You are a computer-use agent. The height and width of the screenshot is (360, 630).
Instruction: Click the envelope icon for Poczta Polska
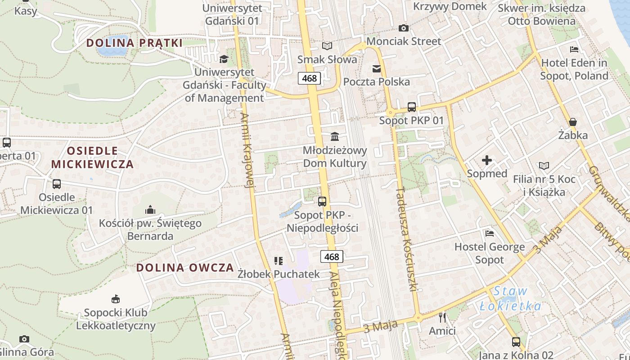click(377, 69)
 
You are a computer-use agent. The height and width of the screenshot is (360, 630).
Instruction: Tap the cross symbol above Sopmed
click(486, 160)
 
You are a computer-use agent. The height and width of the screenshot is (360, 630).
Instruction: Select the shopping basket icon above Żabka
click(573, 122)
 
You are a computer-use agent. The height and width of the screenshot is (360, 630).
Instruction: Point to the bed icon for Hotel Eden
click(574, 49)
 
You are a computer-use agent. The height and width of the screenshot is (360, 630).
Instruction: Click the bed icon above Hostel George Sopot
click(490, 233)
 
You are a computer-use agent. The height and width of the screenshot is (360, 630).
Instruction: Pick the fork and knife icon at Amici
click(442, 318)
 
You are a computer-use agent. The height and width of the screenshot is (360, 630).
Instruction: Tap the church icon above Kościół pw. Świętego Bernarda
click(150, 210)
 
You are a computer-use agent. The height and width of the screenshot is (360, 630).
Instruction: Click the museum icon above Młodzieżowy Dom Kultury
click(335, 136)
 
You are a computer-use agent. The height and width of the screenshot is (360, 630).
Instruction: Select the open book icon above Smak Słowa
click(327, 46)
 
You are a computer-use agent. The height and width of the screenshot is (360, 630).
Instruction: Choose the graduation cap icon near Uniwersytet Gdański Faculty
click(224, 59)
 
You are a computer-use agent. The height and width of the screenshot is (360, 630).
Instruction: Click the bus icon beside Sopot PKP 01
click(412, 107)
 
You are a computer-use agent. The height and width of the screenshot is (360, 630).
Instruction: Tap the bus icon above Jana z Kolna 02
click(516, 342)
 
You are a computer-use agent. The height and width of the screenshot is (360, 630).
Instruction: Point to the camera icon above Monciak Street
click(404, 28)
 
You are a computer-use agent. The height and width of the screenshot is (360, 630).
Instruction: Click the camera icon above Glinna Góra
click(24, 339)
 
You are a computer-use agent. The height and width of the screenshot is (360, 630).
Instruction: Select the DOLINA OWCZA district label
click(185, 268)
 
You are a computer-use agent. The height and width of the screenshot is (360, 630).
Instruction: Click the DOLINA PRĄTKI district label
click(134, 43)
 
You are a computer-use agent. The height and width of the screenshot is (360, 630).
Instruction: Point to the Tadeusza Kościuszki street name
click(407, 238)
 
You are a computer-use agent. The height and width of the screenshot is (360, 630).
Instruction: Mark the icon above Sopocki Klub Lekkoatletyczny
click(116, 299)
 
